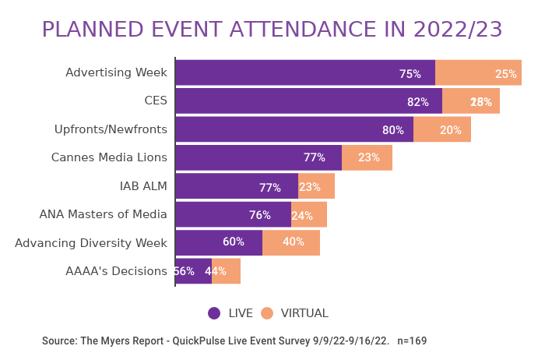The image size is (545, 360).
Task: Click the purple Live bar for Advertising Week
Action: pos(304,72)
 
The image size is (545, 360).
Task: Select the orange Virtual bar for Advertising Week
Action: pos(478,72)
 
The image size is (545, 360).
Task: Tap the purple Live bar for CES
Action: pos(308,101)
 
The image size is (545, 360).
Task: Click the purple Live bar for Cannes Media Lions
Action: pos(258,157)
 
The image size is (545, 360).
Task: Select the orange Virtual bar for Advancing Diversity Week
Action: pos(291,242)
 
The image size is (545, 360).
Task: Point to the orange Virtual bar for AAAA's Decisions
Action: pos(226,271)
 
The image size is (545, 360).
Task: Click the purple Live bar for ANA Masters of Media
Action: pos(233,214)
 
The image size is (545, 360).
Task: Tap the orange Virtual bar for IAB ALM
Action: pos(316,186)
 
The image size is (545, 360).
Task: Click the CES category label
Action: pos(156,101)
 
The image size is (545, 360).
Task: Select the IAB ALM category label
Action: pos(143,186)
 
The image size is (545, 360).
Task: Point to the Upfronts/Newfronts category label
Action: pos(111,129)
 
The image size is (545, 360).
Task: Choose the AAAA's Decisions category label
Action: pos(117,271)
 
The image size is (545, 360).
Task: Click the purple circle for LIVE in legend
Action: pos(214,313)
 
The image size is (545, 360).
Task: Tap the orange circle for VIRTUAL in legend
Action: pos(267,313)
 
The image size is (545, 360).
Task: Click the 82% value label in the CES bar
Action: pos(418,102)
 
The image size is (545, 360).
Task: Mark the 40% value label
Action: pos(294,242)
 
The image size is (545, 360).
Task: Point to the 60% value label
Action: pos(234,242)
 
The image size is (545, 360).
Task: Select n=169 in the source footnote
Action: pos(412,341)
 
